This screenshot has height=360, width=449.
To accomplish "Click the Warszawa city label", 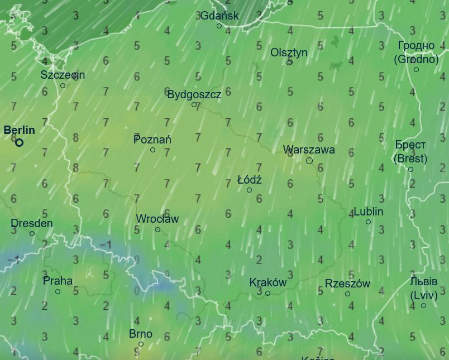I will pos(309,150).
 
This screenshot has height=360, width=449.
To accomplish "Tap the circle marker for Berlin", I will pos(20,142).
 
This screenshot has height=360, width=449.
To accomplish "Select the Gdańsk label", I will pos(219,16).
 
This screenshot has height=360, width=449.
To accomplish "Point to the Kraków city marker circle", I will pos(268,293).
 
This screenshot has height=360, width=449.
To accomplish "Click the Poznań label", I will pos(152,140).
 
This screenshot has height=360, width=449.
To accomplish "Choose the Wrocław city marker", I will pos(157,229).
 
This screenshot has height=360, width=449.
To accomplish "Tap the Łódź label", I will pos(249,180).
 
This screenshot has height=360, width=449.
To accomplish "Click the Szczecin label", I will pos(63,75).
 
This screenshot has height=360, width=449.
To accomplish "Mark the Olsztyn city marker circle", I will pos(289,63).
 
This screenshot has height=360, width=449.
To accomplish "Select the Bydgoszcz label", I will pos(194,94).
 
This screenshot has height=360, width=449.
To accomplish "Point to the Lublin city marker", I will pos(368,222).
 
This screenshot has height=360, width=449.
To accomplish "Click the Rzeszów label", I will pos(347,284).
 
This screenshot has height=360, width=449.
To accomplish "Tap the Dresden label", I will pos(32,224).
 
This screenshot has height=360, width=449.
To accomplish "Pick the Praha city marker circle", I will pos(58,291).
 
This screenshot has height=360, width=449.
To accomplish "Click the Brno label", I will pos(141,334).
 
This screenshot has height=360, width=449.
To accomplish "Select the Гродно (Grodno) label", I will pos(417,52).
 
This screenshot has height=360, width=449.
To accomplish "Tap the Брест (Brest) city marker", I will pos(410,169).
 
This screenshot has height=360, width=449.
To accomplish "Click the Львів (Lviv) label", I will pos(423,287).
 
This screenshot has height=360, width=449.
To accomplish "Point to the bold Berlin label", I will pos(20,131).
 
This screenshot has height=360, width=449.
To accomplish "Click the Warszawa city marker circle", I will pos(309,161).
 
